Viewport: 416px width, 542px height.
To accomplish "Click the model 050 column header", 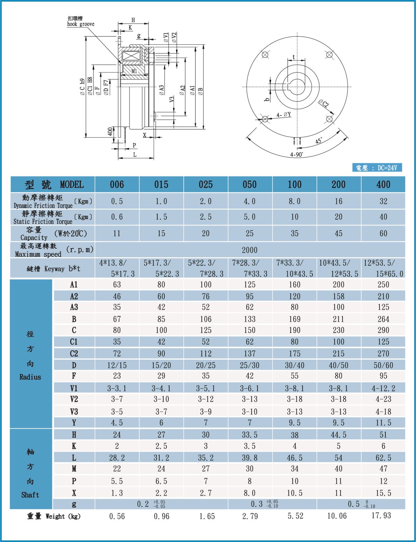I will pyautogui.click(x=250, y=184).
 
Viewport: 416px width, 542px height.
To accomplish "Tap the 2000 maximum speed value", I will pyautogui.click(x=250, y=250).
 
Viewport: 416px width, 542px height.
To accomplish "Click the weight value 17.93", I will pyautogui.click(x=381, y=516).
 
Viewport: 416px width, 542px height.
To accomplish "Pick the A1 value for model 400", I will pyautogui.click(x=383, y=285).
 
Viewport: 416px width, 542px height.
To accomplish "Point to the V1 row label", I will pyautogui.click(x=74, y=388).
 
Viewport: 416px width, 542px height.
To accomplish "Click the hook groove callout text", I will pyautogui.click(x=80, y=24).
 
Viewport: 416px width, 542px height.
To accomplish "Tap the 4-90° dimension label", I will pyautogui.click(x=297, y=155).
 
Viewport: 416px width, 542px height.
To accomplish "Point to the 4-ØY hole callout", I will pyautogui.click(x=284, y=115).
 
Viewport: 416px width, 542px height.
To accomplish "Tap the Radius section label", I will pyautogui.click(x=30, y=377).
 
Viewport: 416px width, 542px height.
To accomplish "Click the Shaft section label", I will pyautogui.click(x=30, y=495).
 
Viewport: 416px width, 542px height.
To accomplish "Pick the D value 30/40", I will pyautogui.click(x=294, y=365).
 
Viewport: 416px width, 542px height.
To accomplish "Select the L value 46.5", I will pyautogui.click(x=294, y=458).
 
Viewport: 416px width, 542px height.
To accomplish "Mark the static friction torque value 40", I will pyautogui.click(x=383, y=217).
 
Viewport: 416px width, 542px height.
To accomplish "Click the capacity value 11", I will pyautogui.click(x=117, y=233).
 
